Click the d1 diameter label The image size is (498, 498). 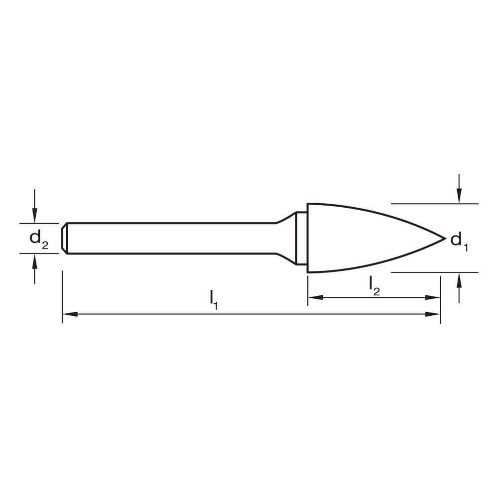(459, 242)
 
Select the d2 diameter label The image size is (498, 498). (38, 239)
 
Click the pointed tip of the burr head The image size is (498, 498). (444, 239)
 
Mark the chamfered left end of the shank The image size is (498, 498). (64, 238)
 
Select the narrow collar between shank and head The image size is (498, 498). (301, 238)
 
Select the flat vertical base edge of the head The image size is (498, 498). (308, 238)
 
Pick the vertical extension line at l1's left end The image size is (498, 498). (62, 296)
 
